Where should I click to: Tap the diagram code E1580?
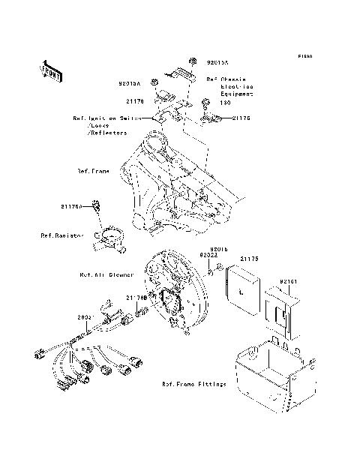(304, 56)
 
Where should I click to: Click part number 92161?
(289, 283)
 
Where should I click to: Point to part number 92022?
(208, 255)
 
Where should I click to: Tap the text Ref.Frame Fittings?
(193, 384)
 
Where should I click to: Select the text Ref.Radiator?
(61, 235)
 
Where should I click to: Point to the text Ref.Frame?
(93, 171)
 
